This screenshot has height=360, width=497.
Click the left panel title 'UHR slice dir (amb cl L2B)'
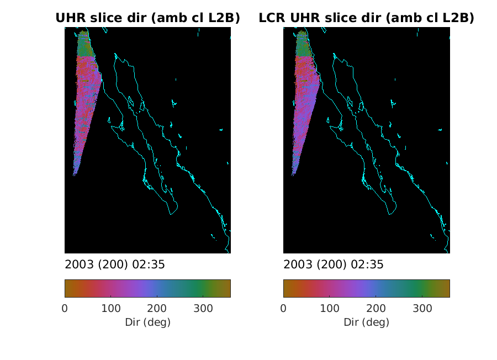pyautogui.click(x=147, y=18)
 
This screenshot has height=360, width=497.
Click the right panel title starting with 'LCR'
pyautogui.click(x=366, y=18)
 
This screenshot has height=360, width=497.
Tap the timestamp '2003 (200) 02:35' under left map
pyautogui.click(x=115, y=264)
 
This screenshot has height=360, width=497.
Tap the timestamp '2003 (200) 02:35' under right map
pyautogui.click(x=334, y=264)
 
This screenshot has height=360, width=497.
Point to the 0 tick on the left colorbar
pyautogui.click(x=65, y=308)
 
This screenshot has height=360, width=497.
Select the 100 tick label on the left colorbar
pyautogui.click(x=111, y=308)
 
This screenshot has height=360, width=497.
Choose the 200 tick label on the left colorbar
pyautogui.click(x=157, y=308)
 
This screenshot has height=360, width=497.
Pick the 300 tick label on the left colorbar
pyautogui.click(x=203, y=308)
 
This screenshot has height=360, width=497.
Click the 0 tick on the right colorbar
pyautogui.click(x=283, y=308)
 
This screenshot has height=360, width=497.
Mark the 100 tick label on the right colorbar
pyautogui.click(x=330, y=308)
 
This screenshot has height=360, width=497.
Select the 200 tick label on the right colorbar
pyautogui.click(x=376, y=308)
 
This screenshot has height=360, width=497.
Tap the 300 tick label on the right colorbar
pyautogui.click(x=422, y=308)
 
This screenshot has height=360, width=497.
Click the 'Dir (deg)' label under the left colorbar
pyautogui.click(x=147, y=322)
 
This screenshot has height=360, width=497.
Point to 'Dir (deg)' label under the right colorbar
pyautogui.click(x=366, y=322)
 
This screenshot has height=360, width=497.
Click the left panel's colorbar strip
pyautogui.click(x=147, y=288)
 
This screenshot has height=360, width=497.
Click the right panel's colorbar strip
pyautogui.click(x=366, y=288)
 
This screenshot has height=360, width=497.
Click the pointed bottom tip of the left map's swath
pyautogui.click(x=74, y=175)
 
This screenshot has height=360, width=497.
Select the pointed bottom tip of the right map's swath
pyautogui.click(x=293, y=175)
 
